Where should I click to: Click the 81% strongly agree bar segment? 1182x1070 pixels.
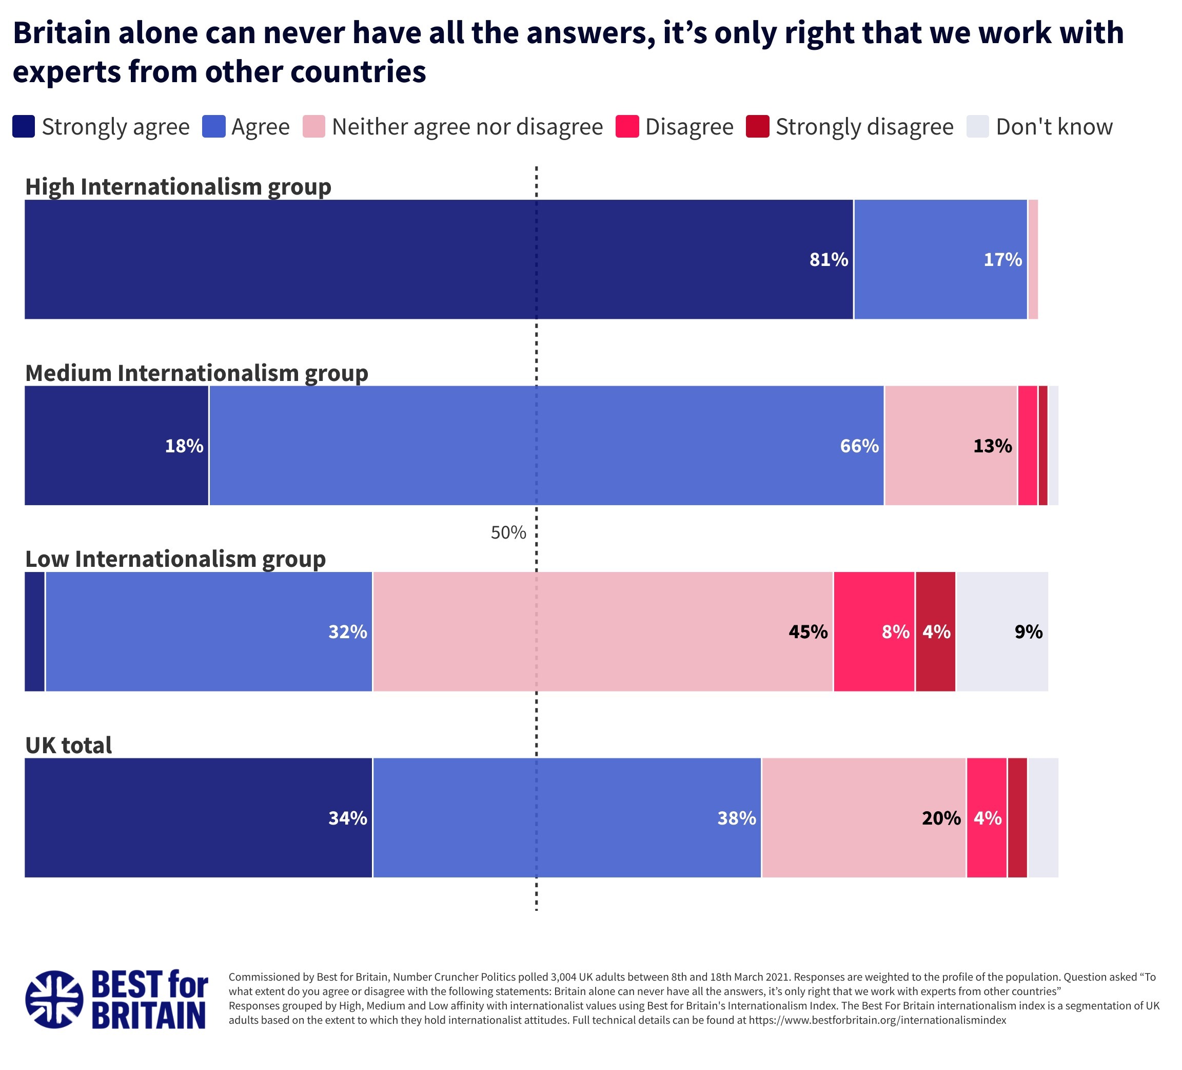tap(439, 259)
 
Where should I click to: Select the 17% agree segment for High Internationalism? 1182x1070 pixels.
tap(940, 259)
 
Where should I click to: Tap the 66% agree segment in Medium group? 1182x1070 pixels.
tap(546, 445)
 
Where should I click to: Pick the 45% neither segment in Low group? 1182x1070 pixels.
tap(603, 631)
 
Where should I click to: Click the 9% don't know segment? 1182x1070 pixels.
tap(1002, 631)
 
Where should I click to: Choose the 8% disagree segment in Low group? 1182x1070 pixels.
tap(874, 631)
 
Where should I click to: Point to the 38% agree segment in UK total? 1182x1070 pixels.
tap(567, 817)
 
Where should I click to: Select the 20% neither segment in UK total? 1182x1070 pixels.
tap(863, 817)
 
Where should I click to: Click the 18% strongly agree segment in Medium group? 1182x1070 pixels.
tap(116, 445)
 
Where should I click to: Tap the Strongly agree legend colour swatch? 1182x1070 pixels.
tap(24, 127)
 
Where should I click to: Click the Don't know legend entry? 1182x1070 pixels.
tap(1054, 127)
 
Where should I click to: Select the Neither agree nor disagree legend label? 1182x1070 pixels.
tap(467, 127)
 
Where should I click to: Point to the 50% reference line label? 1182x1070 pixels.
tap(508, 532)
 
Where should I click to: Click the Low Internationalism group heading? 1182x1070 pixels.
tap(175, 559)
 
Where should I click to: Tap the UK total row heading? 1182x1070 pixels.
tap(69, 745)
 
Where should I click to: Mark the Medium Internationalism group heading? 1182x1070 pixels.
tap(196, 373)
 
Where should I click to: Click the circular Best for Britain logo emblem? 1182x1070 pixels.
tap(54, 999)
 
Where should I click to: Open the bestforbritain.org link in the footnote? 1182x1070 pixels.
tap(877, 1020)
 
